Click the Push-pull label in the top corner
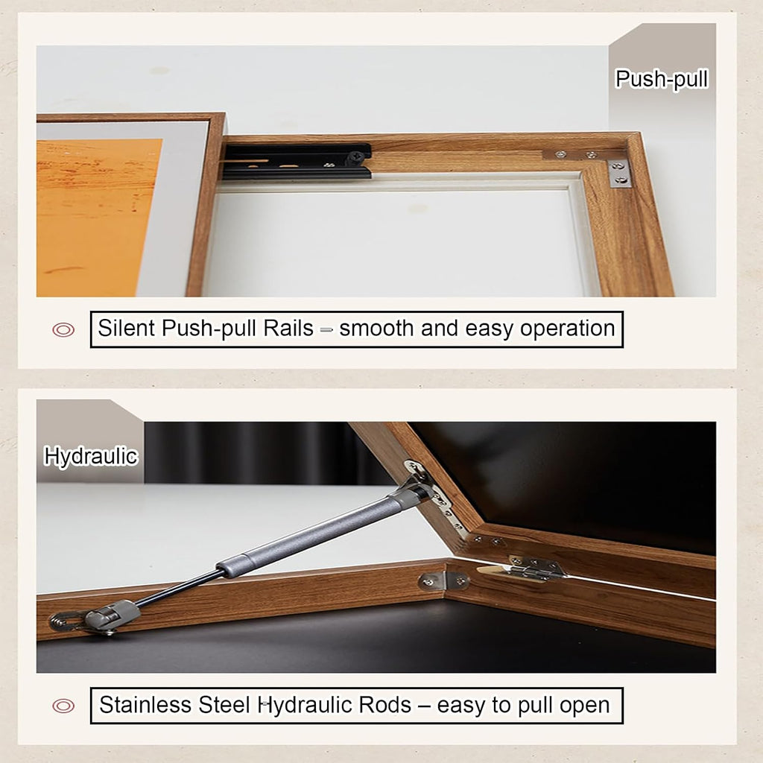pyautogui.click(x=662, y=79)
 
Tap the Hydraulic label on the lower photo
pyautogui.click(x=91, y=457)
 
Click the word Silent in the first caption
pyautogui.click(x=126, y=328)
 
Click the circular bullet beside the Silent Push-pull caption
pyautogui.click(x=63, y=330)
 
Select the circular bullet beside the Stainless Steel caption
pyautogui.click(x=63, y=706)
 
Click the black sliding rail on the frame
pyautogui.click(x=297, y=162)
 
